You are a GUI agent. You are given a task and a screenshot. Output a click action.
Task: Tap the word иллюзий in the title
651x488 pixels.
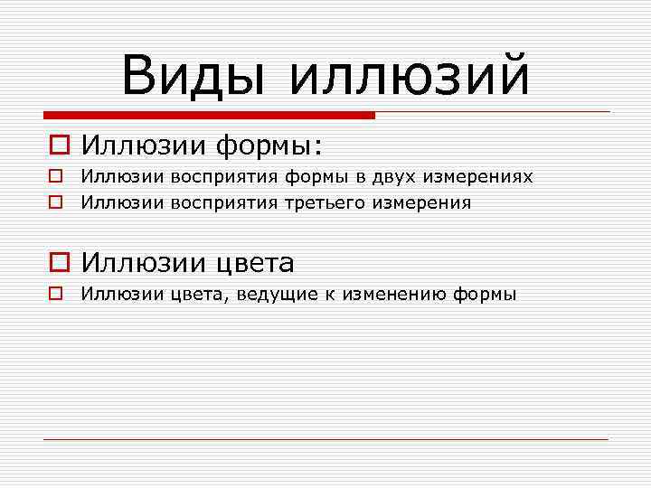(409, 74)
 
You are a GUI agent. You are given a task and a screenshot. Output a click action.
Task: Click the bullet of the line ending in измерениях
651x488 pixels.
(55, 176)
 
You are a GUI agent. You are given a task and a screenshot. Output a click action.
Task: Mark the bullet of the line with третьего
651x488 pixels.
(55, 202)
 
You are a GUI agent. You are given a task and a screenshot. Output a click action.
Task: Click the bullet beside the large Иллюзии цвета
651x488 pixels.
(57, 263)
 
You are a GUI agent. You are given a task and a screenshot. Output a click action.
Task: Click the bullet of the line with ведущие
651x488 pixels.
(55, 294)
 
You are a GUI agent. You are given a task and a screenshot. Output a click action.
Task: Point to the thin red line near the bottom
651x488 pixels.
(325, 439)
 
